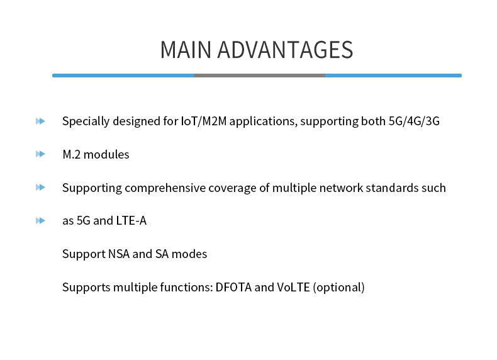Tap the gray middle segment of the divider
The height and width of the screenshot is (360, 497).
(x=259, y=76)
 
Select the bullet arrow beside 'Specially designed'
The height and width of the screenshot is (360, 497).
(x=41, y=121)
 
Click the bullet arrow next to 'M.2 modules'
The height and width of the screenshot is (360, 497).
(x=41, y=154)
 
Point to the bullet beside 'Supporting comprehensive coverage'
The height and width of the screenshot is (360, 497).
(x=41, y=188)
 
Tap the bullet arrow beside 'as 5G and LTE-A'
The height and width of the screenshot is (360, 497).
(x=41, y=221)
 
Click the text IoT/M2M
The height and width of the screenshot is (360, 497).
(x=203, y=121)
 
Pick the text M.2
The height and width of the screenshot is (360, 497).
(x=71, y=155)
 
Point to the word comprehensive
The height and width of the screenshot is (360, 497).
(x=167, y=188)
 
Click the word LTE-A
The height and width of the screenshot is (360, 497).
(x=131, y=221)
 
